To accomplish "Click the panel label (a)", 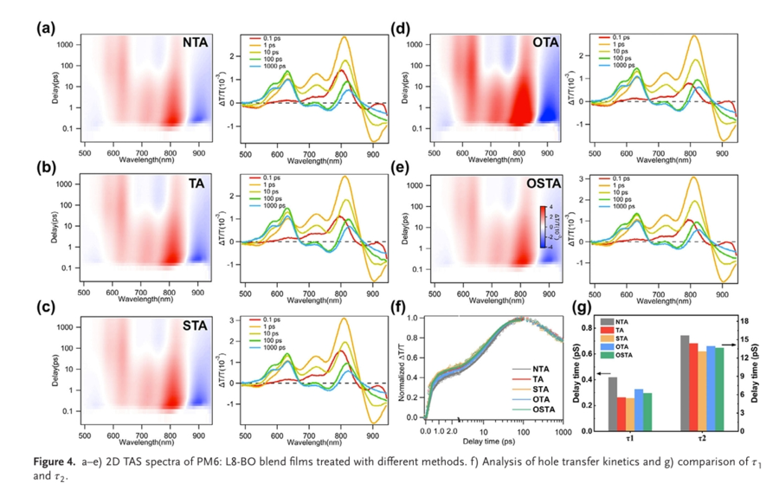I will [x=45, y=29].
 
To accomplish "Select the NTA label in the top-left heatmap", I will [x=194, y=42].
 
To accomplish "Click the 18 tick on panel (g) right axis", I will [x=743, y=320].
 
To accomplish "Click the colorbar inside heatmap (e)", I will [x=543, y=227].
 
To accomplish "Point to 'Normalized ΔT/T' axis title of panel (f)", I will [x=401, y=374].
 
